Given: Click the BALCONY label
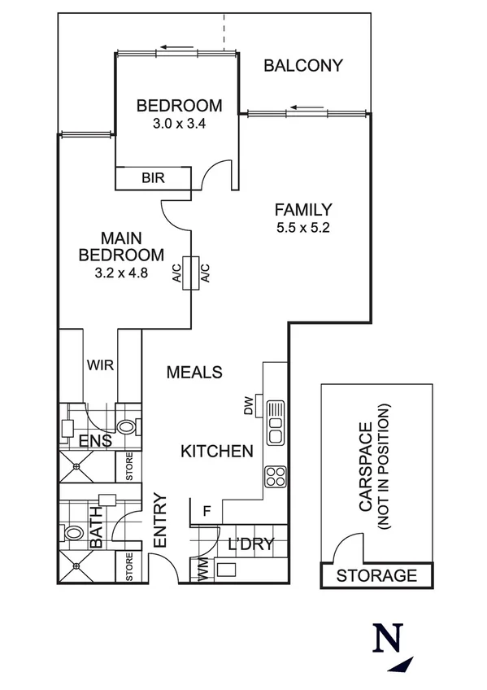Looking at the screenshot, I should (x=303, y=66).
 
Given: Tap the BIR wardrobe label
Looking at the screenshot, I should (x=154, y=177).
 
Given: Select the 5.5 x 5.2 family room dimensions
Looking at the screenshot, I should (x=302, y=227).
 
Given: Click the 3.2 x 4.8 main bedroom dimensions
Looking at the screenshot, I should (x=121, y=273).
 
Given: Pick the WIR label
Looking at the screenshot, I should (x=100, y=365).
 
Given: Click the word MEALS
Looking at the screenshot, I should (x=194, y=372).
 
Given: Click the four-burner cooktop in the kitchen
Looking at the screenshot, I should (x=275, y=475).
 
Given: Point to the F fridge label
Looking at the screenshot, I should (x=207, y=512).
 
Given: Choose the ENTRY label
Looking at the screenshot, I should (x=159, y=521).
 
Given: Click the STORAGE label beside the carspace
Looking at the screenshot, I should (x=376, y=575).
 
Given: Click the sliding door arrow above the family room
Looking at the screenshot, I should (x=307, y=107).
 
